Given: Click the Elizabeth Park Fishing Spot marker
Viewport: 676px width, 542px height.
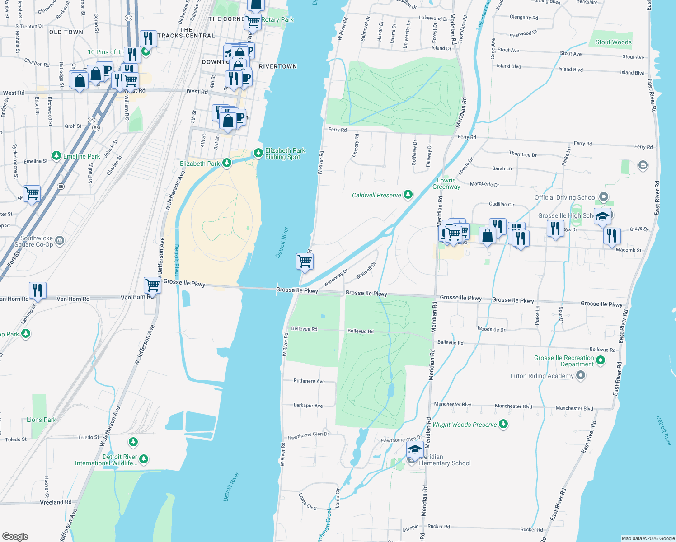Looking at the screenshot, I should pyautogui.click(x=258, y=153).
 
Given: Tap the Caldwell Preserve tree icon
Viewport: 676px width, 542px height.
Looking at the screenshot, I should pyautogui.click(x=408, y=195).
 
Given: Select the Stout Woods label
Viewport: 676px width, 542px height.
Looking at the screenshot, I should pyautogui.click(x=613, y=42).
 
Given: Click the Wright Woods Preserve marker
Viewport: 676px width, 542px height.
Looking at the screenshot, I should pyautogui.click(x=503, y=424).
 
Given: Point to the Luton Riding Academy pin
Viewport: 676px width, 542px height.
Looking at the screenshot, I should pyautogui.click(x=581, y=375).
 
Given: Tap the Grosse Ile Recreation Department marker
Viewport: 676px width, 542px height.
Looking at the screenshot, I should pyautogui.click(x=601, y=360).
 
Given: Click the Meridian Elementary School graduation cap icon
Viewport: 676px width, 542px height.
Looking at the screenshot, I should pyautogui.click(x=414, y=450).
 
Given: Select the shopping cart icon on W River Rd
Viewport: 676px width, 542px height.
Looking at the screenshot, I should pyautogui.click(x=305, y=262).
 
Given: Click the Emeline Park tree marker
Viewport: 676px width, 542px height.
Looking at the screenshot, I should pyautogui.click(x=56, y=156).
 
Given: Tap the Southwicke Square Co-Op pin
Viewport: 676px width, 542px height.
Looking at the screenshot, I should pyautogui.click(x=60, y=241).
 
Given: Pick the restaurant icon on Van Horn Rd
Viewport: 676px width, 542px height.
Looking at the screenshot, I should pyautogui.click(x=38, y=290).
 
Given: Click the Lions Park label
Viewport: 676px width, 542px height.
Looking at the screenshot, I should pyautogui.click(x=41, y=420).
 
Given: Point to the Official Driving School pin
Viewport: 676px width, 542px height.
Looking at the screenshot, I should pyautogui.click(x=604, y=197).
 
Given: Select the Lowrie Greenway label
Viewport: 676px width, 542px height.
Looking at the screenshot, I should pyautogui.click(x=446, y=183).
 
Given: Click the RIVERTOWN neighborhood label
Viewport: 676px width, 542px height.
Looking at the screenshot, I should pyautogui.click(x=278, y=66).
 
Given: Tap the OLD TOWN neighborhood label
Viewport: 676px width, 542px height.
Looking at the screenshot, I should pyautogui.click(x=66, y=32).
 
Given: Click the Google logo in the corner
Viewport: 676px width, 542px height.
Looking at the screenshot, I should pyautogui.click(x=15, y=537).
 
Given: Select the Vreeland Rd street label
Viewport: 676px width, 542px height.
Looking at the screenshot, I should pyautogui.click(x=56, y=502).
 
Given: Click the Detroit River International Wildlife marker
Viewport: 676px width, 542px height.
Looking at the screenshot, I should pyautogui.click(x=144, y=459).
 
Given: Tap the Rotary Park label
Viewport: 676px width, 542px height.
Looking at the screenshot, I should pyautogui.click(x=277, y=19).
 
